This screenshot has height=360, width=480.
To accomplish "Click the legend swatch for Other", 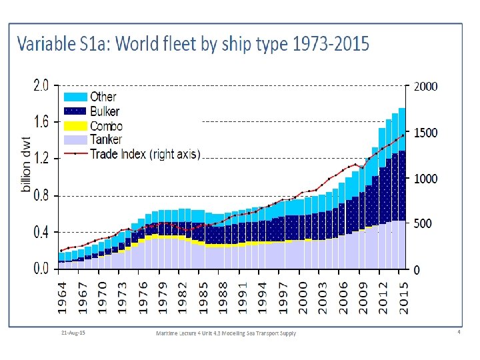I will pos(75,97).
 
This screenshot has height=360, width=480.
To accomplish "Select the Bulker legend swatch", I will pos(75,111).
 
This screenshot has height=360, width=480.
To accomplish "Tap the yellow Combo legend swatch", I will pos(75,125).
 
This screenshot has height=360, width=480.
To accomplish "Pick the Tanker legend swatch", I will pos(75,139).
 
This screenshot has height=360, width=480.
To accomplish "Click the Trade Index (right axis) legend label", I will pos(145,153).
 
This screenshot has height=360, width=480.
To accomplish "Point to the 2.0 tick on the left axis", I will pos(41,85).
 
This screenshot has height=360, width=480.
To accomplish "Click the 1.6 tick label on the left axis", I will pos(41,122).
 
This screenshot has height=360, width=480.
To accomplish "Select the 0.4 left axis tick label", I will pos(41,233).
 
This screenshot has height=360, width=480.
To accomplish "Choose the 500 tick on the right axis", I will pos(423,224).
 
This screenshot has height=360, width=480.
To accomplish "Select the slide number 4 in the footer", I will pos(459,331).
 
